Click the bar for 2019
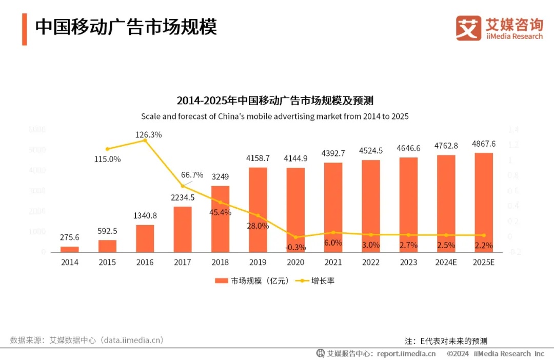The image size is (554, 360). click(258, 210)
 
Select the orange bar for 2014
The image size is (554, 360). click(70, 249)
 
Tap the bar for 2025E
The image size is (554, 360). click(484, 203)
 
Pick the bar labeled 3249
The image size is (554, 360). click(220, 219)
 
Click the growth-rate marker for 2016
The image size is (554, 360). click(145, 140)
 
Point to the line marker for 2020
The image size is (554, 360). click(295, 237)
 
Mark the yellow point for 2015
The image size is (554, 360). click(107, 149)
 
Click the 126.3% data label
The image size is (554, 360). click(149, 134)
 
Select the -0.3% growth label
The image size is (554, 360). click(295, 247)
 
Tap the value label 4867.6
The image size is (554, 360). click(484, 144)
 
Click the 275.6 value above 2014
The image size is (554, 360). click(70, 237)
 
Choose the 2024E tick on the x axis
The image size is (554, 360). click(446, 263)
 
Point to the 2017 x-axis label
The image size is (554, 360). click(183, 263)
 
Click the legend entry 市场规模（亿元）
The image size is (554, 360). click(252, 281)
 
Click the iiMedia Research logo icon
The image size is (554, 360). click(468, 28)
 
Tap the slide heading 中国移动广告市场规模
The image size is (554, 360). click(126, 27)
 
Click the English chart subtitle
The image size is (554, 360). click(275, 116)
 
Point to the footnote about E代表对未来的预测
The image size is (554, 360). click(446, 341)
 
